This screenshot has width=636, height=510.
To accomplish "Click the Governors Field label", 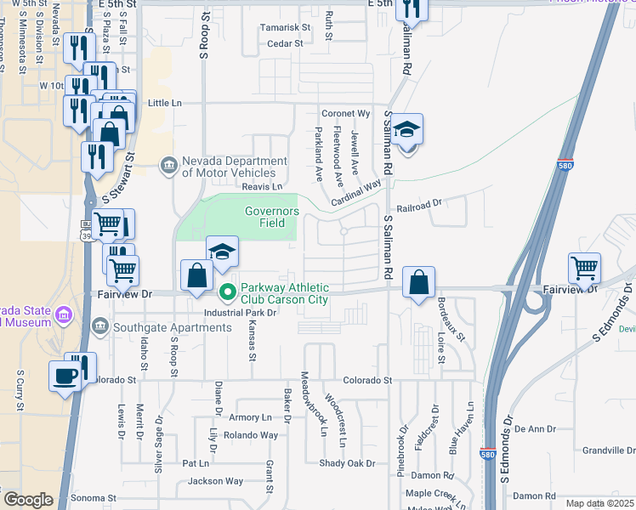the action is click(272, 217).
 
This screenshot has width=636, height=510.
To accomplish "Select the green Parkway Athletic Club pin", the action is click(227, 293).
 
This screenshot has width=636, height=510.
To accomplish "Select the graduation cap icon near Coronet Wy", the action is click(407, 130).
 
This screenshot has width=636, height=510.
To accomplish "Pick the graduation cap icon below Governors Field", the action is click(222, 252).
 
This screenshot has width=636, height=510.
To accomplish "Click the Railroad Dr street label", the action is click(420, 204).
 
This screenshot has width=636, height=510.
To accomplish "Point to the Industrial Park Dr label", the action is click(241, 313).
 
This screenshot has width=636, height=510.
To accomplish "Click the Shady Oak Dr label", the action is click(347, 463).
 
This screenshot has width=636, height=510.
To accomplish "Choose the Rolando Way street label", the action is click(252, 435).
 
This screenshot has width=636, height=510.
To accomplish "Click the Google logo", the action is click(28, 500).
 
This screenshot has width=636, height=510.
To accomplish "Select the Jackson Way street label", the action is click(215, 481).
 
